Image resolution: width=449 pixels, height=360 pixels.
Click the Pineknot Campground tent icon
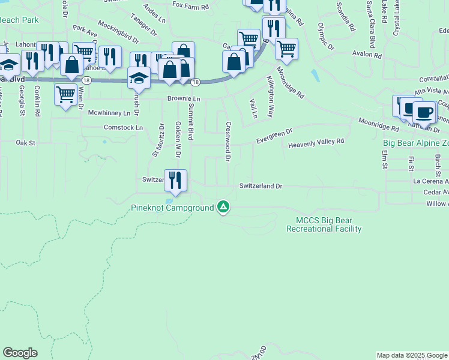point(223,207)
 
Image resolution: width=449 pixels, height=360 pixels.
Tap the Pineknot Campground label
point(173,208)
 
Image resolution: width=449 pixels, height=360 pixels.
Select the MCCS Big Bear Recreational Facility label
point(324,224)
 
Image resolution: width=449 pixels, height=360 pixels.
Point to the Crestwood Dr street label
point(228,142)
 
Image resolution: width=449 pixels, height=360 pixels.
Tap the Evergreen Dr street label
point(274,135)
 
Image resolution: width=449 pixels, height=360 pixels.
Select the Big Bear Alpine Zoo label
point(415,143)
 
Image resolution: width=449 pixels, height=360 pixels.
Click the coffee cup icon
point(424,112)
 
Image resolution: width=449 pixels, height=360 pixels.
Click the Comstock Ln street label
point(123,128)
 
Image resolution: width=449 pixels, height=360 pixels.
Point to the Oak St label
point(26,143)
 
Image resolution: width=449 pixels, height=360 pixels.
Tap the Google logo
point(20,353)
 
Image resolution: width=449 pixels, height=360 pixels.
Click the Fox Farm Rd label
point(190,5)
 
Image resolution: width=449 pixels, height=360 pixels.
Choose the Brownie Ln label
point(183,98)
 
